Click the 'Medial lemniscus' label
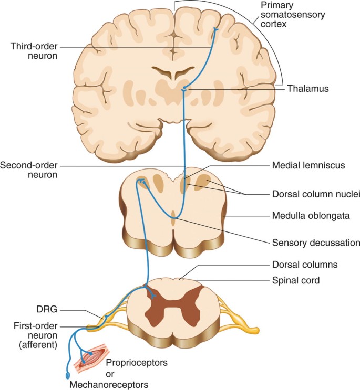click(308, 166)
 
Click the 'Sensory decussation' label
click(315, 243)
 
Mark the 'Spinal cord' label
click(296, 280)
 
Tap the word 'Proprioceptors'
click(135, 363)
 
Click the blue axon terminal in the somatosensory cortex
click(215, 31)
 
